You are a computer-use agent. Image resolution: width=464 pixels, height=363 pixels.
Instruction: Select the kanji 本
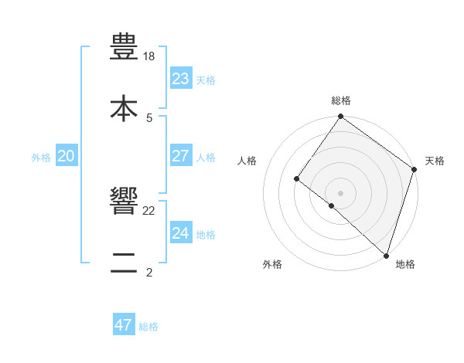pos(124,109)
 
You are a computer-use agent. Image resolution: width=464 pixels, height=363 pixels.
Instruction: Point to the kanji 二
pos(124,263)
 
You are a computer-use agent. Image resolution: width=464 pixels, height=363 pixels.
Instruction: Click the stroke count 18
pos(149,56)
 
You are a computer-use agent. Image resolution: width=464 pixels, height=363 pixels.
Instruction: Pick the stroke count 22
pos(149,210)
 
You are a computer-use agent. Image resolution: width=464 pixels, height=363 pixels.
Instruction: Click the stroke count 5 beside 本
pos(149,118)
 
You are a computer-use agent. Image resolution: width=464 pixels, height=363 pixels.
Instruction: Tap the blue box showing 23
pos(180,79)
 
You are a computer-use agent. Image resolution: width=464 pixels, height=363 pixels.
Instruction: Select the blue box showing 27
pos(180,156)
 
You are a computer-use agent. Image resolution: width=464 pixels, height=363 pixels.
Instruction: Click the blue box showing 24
pos(180,233)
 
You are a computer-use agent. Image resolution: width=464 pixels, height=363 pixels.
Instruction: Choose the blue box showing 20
pos(66,156)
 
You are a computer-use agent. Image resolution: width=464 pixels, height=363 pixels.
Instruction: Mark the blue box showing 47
pos(124,325)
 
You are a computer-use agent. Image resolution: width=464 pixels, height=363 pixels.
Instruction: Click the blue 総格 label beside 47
pos(148,327)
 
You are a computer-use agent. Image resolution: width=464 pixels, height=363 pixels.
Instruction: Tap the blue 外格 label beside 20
pos(41,158)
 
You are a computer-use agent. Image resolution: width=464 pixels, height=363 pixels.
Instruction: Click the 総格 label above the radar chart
pos(341,100)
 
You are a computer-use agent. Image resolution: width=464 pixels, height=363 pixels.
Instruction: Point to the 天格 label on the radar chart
pos(435,161)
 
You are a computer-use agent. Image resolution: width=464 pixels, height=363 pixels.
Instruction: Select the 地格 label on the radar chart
pos(405,264)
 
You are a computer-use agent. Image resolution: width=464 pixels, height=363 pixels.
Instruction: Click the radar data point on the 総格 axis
pos(341,117)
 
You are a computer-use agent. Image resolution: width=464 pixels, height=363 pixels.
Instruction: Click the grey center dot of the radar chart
pos(341,192)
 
